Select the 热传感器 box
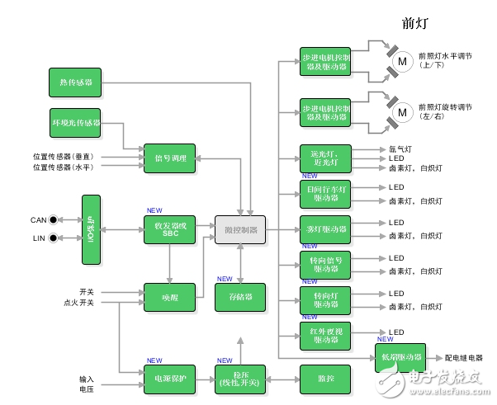[x=75, y=82]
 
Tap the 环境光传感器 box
[x=75, y=122]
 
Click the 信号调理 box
[x=170, y=158]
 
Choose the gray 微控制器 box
[x=241, y=229]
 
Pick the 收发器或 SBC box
[x=170, y=229]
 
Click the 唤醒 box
[x=170, y=297]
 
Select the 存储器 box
[x=241, y=297]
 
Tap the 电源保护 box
[x=170, y=378]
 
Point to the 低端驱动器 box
[x=400, y=358]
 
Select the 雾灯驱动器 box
[x=325, y=228]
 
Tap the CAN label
[x=38, y=220]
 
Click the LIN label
[x=39, y=238]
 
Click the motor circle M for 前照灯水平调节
[x=403, y=59]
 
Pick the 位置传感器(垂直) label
[x=63, y=156]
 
